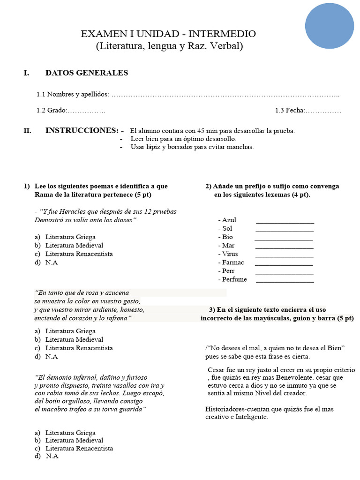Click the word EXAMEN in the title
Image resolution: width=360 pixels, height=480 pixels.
click(101, 34)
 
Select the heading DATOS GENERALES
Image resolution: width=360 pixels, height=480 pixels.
click(86, 73)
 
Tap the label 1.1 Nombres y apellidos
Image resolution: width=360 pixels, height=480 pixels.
click(73, 95)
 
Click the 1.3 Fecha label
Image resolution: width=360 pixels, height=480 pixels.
click(290, 111)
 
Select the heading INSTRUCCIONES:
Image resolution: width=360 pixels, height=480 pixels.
click(82, 130)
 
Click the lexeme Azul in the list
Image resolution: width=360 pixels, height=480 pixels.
click(229, 220)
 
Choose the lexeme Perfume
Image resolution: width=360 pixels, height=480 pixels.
click(234, 279)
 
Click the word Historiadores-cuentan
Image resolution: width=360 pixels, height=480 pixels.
click(238, 409)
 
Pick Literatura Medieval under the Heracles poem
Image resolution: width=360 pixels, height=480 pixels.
click(74, 245)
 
